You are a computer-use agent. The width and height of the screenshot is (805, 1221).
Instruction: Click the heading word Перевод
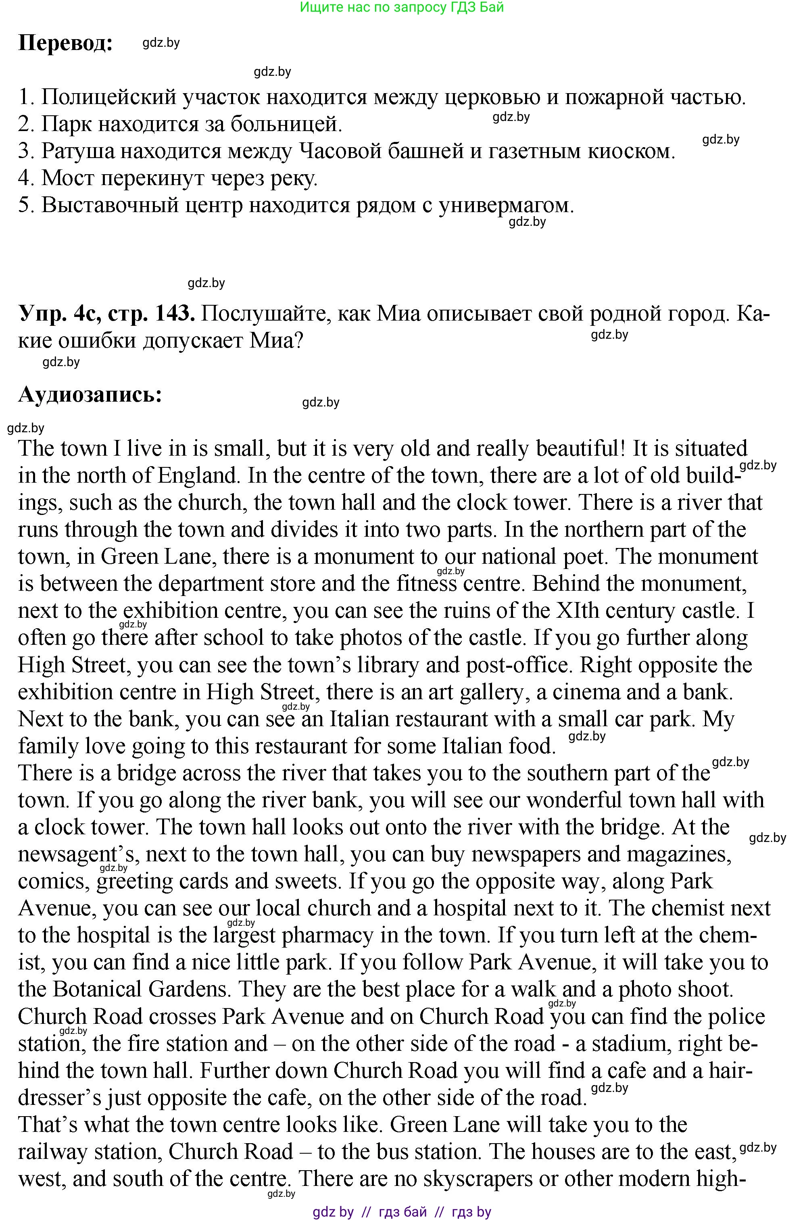tap(65, 43)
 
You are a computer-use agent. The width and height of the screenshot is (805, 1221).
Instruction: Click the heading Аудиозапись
tap(90, 394)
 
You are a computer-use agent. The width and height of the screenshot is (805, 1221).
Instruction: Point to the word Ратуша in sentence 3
tap(78, 151)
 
